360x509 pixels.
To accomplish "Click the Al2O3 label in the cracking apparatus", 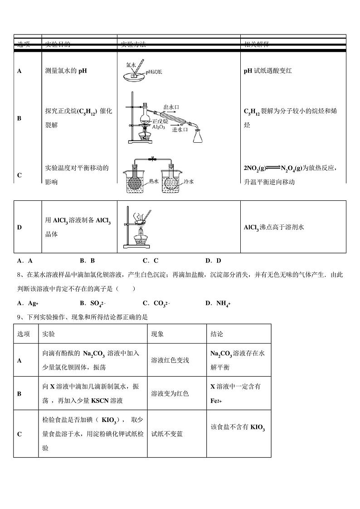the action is [159, 127].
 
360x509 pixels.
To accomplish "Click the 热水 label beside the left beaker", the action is [154, 181].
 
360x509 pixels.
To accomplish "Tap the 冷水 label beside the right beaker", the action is [189, 181].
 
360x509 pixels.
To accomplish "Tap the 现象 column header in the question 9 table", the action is [158, 334].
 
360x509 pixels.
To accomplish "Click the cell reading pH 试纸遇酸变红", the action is [268, 71].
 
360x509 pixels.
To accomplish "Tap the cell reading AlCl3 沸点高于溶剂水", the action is [274, 227].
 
